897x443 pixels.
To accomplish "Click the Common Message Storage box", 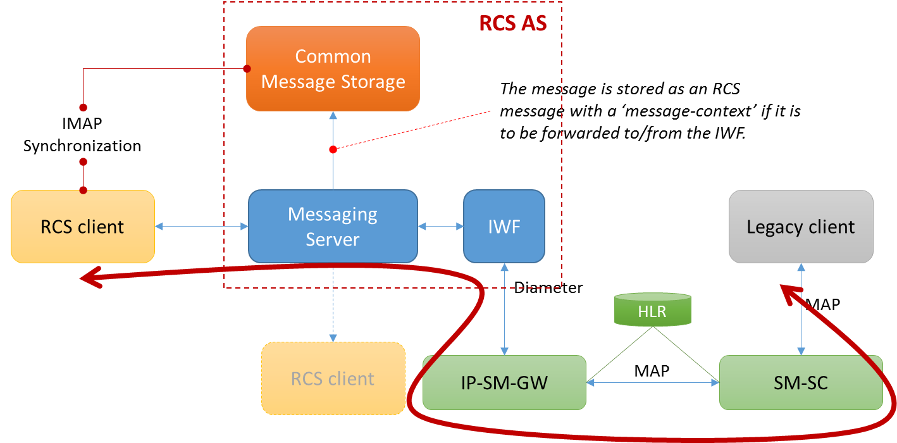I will click(x=333, y=69).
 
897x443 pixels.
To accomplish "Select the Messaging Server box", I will click(x=333, y=227).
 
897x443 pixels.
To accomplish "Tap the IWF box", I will click(x=504, y=227).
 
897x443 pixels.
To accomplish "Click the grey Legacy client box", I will click(x=801, y=227).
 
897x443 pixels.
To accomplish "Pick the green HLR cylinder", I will click(x=653, y=310).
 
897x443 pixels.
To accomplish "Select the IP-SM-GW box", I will click(x=504, y=382).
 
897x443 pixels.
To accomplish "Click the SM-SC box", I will click(x=801, y=382).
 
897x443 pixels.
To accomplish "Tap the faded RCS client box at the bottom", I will click(x=333, y=378).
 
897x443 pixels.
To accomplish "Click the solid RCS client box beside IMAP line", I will click(x=82, y=227).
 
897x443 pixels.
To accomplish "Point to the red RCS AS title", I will click(x=512, y=23).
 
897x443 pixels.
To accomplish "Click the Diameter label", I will click(x=548, y=288).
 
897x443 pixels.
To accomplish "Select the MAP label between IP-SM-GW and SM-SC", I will click(x=652, y=370).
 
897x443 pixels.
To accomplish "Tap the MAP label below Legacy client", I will click(x=822, y=304).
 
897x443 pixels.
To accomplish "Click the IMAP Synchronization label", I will click(x=82, y=134).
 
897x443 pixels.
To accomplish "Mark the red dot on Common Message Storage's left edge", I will click(x=247, y=68).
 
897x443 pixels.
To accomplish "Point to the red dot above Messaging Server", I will click(x=333, y=149).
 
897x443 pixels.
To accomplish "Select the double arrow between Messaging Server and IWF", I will click(x=440, y=226).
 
